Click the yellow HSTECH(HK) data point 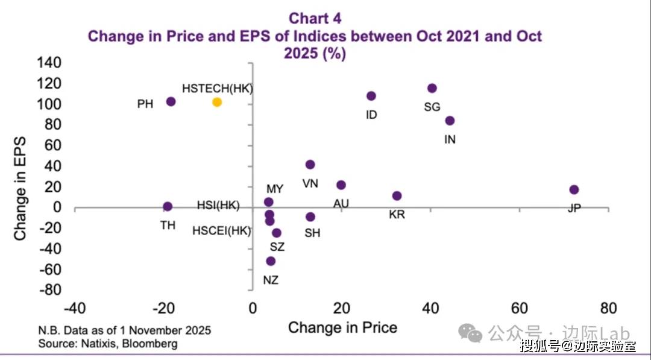[x=217, y=103]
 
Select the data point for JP [x=574, y=190]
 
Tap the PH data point [x=171, y=102]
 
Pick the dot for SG [x=432, y=88]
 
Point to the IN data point [x=450, y=121]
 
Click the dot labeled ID [x=371, y=96]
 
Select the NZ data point [x=271, y=261]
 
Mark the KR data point [x=397, y=196]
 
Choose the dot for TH [x=168, y=206]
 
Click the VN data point [x=310, y=165]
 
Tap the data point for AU [x=341, y=185]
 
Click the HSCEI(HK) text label [x=221, y=230]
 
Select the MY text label [x=275, y=189]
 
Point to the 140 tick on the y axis [x=49, y=63]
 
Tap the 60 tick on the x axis [x=520, y=309]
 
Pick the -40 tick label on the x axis [x=74, y=309]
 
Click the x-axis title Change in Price [x=342, y=327]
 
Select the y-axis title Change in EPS [x=20, y=187]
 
